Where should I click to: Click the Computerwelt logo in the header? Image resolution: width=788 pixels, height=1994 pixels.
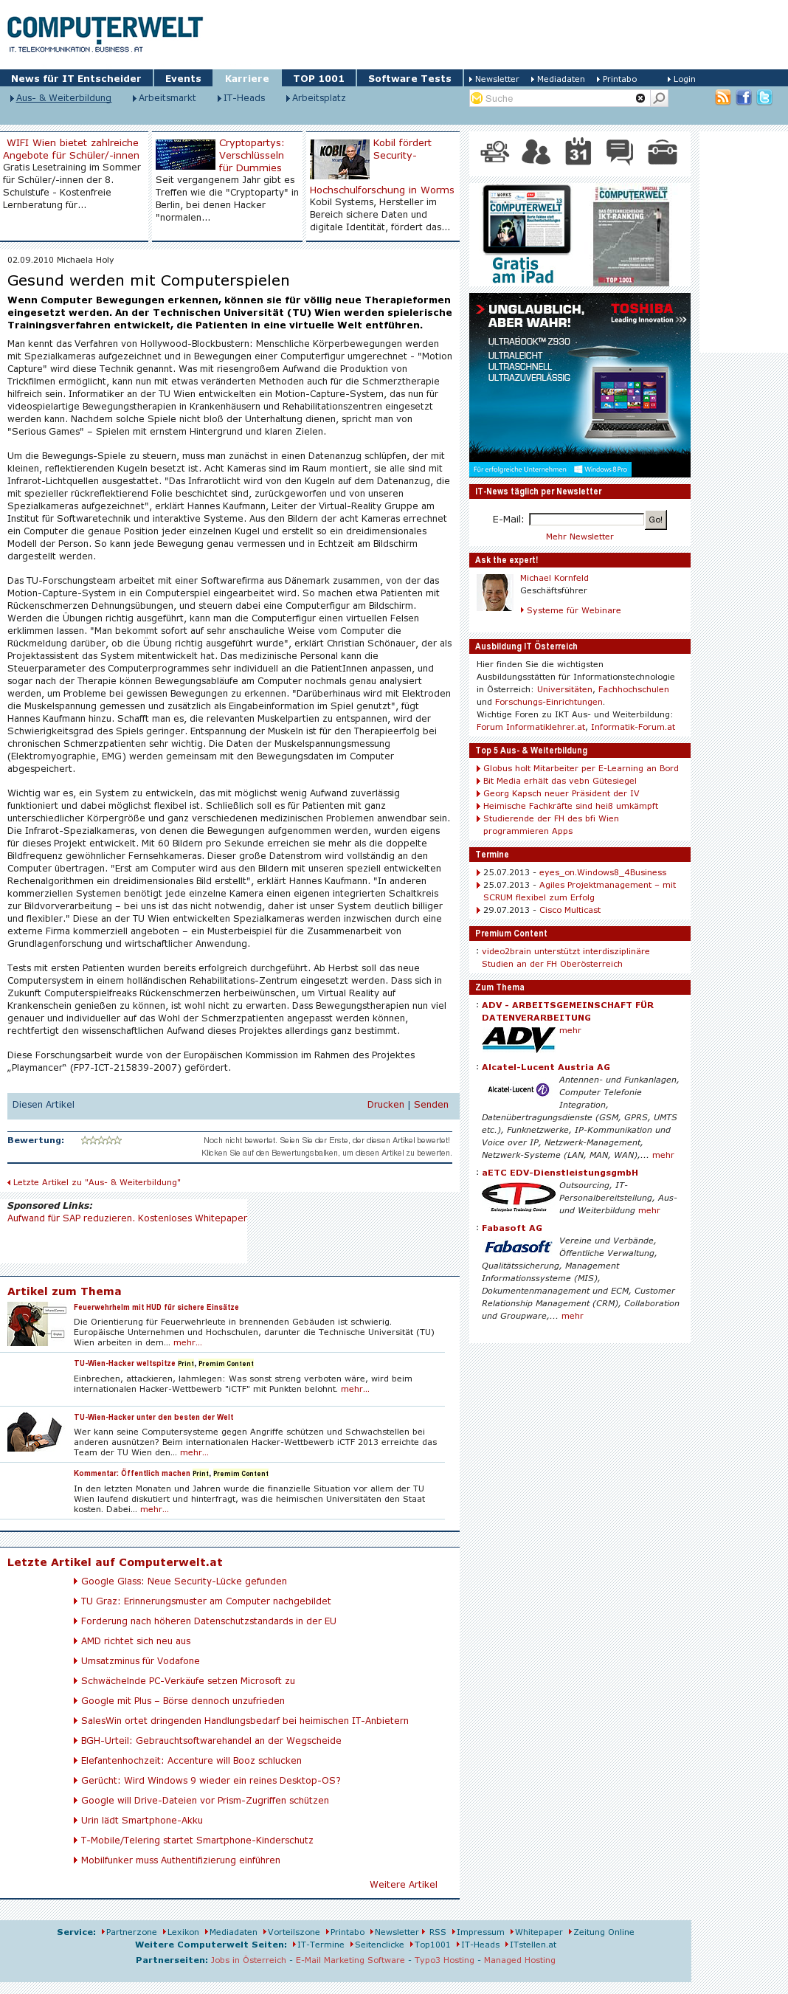pyautogui.click(x=105, y=32)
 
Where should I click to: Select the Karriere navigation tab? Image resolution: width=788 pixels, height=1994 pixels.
pyautogui.click(x=247, y=78)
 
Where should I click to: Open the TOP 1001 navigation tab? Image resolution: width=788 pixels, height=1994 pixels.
pyautogui.click(x=318, y=78)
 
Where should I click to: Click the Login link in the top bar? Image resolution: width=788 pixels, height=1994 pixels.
pyautogui.click(x=683, y=79)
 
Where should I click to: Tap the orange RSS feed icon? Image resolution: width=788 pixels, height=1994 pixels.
pyautogui.click(x=722, y=97)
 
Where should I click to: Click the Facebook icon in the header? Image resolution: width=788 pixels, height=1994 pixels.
pyautogui.click(x=743, y=97)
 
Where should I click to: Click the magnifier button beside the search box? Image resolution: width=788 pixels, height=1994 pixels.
pyautogui.click(x=659, y=98)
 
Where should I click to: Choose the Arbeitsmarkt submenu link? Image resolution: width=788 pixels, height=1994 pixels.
pyautogui.click(x=167, y=98)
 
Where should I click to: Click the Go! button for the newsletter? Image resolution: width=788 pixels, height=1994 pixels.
pyautogui.click(x=655, y=520)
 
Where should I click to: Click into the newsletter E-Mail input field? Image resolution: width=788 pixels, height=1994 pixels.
pyautogui.click(x=586, y=520)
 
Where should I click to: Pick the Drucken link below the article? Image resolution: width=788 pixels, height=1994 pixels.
pyautogui.click(x=384, y=1105)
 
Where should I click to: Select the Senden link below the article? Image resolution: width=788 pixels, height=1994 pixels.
pyautogui.click(x=430, y=1105)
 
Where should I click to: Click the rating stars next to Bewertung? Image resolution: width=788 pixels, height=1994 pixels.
pyautogui.click(x=101, y=1140)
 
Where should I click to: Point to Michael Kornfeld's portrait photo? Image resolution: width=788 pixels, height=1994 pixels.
pyautogui.click(x=494, y=593)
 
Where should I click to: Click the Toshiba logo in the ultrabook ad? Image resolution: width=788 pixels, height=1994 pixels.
pyautogui.click(x=642, y=308)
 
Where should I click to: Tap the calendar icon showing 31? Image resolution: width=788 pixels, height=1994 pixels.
pyautogui.click(x=578, y=152)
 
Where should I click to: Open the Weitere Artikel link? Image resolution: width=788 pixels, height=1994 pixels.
pyautogui.click(x=403, y=1885)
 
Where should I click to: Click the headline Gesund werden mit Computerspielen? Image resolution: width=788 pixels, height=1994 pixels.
pyautogui.click(x=148, y=280)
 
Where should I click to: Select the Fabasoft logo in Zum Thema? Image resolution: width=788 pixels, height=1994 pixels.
pyautogui.click(x=517, y=1247)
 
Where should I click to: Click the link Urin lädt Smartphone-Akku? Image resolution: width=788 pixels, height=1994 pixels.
pyautogui.click(x=142, y=1821)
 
